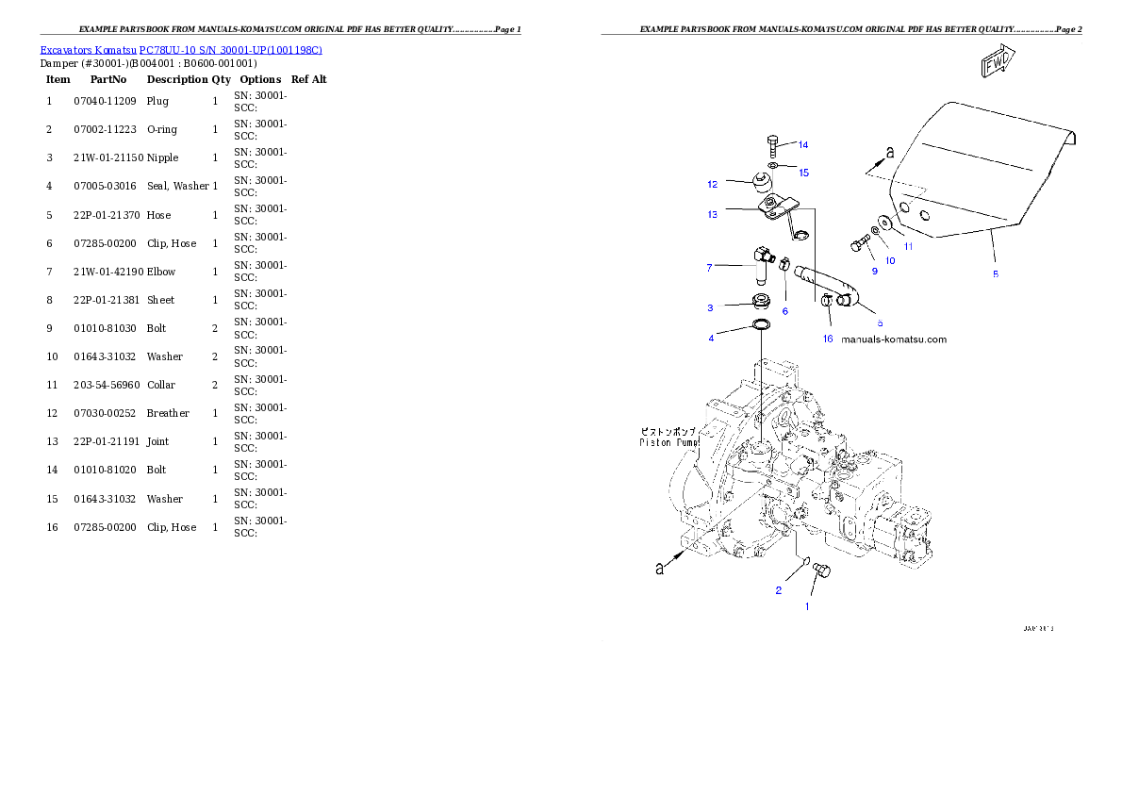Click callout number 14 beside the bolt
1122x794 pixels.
[x=802, y=145]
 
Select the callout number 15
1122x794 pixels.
[x=803, y=173]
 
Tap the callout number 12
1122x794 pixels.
[x=713, y=184]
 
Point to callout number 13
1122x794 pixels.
[x=713, y=215]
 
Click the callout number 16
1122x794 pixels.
[x=828, y=339]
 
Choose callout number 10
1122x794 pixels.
[x=890, y=260]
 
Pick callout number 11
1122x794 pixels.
[x=909, y=246]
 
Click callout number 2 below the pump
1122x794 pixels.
[x=779, y=591]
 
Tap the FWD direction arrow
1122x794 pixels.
[x=997, y=63]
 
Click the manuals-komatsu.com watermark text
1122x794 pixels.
[x=893, y=339]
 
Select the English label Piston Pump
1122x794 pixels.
[x=669, y=442]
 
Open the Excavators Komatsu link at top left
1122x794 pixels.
[x=181, y=50]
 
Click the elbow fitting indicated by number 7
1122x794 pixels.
[x=762, y=262]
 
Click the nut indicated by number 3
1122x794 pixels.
[x=759, y=303]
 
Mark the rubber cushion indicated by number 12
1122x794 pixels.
[x=761, y=179]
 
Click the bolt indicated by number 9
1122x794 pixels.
[x=859, y=243]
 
